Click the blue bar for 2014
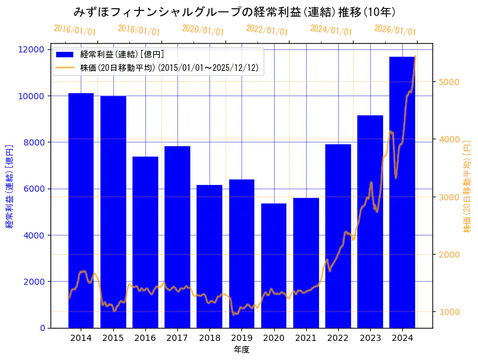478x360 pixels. tap(81, 210)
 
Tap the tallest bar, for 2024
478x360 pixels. tap(402, 192)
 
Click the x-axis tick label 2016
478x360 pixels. tap(145, 338)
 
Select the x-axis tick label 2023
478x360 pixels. tap(370, 338)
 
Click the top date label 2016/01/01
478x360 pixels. tap(75, 30)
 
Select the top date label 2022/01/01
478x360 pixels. tap(267, 30)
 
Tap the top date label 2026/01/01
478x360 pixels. tap(395, 30)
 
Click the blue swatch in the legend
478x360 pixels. tap(65, 55)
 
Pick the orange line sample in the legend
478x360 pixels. tap(65, 67)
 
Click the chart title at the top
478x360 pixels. tap(234, 12)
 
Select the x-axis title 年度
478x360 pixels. tap(241, 350)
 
